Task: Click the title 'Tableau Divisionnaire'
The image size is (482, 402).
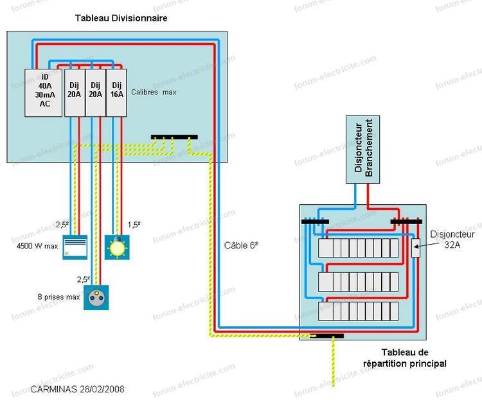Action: tap(121, 19)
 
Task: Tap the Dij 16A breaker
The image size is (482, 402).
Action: tap(115, 92)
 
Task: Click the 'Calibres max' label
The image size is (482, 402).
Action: tap(154, 92)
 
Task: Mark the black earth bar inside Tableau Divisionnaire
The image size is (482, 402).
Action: tap(174, 137)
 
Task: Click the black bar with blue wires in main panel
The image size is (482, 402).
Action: tap(315, 222)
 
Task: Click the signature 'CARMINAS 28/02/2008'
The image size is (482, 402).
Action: tap(77, 389)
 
